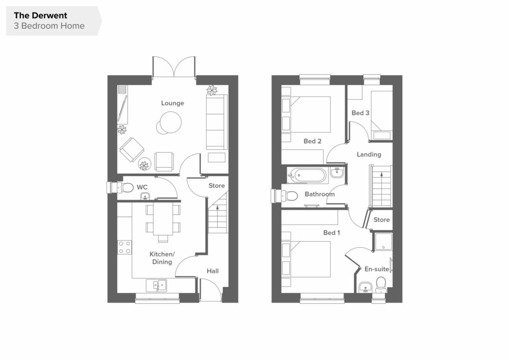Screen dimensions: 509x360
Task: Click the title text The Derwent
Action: [x=40, y=15]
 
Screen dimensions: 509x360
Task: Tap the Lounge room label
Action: [x=172, y=103]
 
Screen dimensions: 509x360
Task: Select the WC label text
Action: [x=142, y=187]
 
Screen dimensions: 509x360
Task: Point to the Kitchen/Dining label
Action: [x=162, y=258]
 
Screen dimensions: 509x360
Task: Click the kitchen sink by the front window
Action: [x=156, y=285]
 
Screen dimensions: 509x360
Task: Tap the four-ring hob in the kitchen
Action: [x=125, y=247]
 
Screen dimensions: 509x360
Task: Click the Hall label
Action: [x=213, y=271]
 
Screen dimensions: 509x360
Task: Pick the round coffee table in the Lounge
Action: [x=169, y=123]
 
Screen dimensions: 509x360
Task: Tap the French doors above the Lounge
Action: [x=174, y=67]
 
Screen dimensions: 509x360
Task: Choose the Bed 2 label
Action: [x=312, y=141]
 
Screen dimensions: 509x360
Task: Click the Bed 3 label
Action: [x=360, y=113]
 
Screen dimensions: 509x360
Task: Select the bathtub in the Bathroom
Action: [x=306, y=176]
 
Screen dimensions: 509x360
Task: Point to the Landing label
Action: [x=369, y=155]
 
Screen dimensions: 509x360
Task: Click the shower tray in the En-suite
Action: [x=383, y=242]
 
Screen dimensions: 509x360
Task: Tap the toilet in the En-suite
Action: [x=380, y=285]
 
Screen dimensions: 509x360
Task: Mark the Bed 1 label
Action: [x=332, y=233]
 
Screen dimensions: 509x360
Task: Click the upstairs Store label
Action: [x=381, y=220]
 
